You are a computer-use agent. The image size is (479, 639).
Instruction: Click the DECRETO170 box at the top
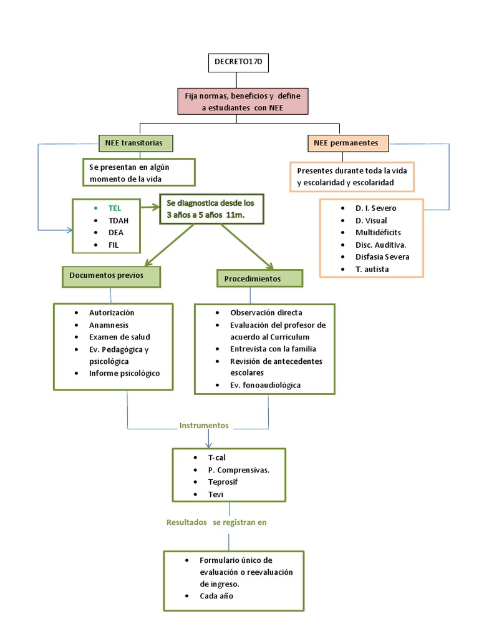pos(238,63)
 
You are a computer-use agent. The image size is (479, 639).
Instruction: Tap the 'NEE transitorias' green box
pos(135,143)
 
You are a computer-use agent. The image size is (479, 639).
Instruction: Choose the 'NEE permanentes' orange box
pos(347,143)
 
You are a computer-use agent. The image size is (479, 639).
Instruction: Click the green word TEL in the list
pos(115,208)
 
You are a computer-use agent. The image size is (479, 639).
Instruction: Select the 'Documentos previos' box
pos(110,275)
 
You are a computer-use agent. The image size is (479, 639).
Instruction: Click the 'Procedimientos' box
pos(259,278)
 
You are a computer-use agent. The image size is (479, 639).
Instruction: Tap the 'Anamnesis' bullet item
pos(109,324)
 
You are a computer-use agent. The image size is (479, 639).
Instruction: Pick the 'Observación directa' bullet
pos(266,313)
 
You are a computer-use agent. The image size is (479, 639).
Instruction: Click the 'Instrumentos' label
pos(204,426)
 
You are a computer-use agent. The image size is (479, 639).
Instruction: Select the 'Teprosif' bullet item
pos(223,482)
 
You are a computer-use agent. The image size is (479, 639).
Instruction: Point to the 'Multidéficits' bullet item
pos(378,232)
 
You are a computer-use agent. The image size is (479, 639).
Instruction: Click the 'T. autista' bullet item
pos(372,269)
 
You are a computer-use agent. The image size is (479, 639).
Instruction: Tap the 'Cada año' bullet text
pos(217,596)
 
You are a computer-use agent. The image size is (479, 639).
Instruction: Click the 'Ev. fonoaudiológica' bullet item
pos(266,385)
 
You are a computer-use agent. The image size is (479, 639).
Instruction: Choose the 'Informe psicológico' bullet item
pos(124,373)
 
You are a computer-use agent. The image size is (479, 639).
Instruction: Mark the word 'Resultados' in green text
pos(186,522)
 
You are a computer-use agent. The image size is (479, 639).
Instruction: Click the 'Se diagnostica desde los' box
pos(211,209)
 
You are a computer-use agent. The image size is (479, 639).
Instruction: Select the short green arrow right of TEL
pos(149,207)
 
